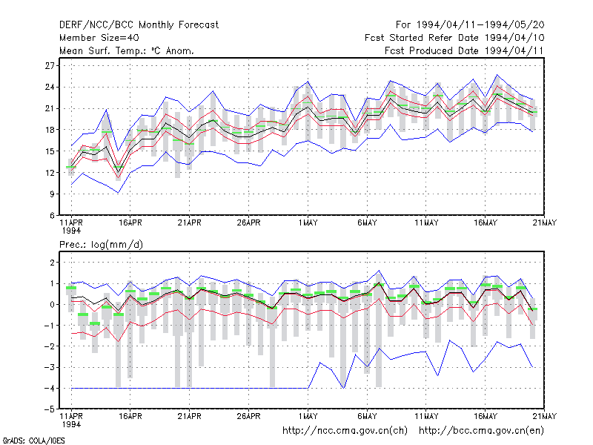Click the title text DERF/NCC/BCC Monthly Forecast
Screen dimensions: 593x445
(x=139, y=25)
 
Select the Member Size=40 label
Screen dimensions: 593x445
(x=99, y=38)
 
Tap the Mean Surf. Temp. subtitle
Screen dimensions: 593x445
(x=127, y=50)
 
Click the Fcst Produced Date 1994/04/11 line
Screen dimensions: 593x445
(x=464, y=50)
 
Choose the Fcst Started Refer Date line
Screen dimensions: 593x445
(x=454, y=38)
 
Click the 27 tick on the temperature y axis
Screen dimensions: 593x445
(x=50, y=66)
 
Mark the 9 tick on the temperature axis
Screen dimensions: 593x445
(x=52, y=194)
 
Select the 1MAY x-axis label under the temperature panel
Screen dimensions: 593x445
(x=308, y=223)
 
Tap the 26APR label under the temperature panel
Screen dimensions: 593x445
(x=249, y=223)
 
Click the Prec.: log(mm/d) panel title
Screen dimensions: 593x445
(x=101, y=245)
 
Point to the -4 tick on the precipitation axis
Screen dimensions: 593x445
(x=50, y=388)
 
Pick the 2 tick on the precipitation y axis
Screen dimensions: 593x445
(x=52, y=263)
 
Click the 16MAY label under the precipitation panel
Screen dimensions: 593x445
(x=486, y=416)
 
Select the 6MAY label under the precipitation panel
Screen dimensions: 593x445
(x=367, y=416)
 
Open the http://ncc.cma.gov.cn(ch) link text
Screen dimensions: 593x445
(x=345, y=431)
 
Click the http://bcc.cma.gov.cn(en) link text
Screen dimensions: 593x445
(x=481, y=431)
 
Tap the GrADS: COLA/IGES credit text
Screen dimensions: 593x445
(x=33, y=441)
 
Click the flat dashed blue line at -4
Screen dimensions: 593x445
(x=190, y=388)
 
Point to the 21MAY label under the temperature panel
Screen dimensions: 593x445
(x=545, y=223)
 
